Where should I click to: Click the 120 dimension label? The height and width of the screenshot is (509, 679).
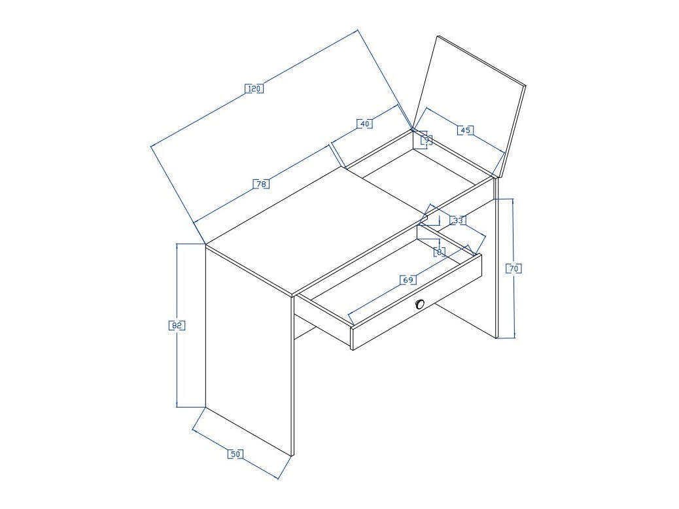254,88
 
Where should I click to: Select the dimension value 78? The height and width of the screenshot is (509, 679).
260,184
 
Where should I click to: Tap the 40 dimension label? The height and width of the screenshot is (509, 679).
366,123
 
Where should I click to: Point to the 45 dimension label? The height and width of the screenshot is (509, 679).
464,130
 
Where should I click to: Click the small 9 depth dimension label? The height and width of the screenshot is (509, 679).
426,139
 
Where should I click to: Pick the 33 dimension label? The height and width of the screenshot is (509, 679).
457,220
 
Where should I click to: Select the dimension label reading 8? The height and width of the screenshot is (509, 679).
440,251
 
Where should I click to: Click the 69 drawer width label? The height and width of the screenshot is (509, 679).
408,280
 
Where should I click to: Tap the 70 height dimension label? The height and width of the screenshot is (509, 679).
514,268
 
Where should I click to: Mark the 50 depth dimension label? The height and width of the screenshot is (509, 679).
235,454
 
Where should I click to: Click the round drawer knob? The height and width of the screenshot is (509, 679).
420,304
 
